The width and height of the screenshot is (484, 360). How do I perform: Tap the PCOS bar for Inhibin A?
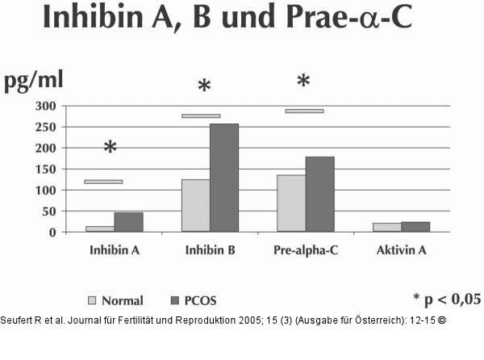coord(128,222)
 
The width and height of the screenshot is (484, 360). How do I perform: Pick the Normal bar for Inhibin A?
coord(100,228)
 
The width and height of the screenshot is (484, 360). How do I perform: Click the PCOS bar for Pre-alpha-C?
coord(319,194)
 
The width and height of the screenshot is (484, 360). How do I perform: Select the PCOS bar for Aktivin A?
coord(415,227)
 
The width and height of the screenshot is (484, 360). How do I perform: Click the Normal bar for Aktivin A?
coord(386,227)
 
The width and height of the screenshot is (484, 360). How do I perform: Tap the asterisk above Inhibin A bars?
coord(111,148)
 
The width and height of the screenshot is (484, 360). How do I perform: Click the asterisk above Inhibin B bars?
coord(204,87)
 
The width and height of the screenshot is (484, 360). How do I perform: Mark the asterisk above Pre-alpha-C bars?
coord(303,82)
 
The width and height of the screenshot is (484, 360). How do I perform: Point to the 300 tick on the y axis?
coord(45,107)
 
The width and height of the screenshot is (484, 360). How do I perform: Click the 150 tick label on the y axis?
coord(45,170)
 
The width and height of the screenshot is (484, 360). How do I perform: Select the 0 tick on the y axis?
coord(52,232)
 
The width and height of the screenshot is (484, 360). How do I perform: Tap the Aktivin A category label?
coord(401,250)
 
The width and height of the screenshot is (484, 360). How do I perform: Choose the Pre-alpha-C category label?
coord(306,250)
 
